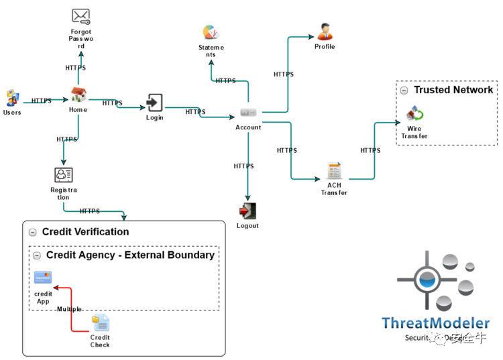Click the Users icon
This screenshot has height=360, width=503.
12,99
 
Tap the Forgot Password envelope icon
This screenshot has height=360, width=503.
80,16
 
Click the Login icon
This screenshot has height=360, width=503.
154,103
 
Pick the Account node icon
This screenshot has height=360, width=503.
248,112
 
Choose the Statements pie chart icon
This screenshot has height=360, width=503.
211,32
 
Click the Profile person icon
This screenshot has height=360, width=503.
325,31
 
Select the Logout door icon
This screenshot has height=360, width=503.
247,211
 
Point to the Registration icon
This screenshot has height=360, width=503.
64,175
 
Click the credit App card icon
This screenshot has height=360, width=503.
43,278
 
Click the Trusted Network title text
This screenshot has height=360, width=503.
453,90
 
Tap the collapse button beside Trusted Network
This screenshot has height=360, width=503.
404,91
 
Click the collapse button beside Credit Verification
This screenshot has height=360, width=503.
32,232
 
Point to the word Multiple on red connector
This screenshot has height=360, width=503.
69,309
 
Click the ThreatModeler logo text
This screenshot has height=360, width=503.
435,323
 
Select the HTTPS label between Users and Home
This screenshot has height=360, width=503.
42,101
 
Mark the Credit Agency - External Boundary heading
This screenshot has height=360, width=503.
130,255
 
